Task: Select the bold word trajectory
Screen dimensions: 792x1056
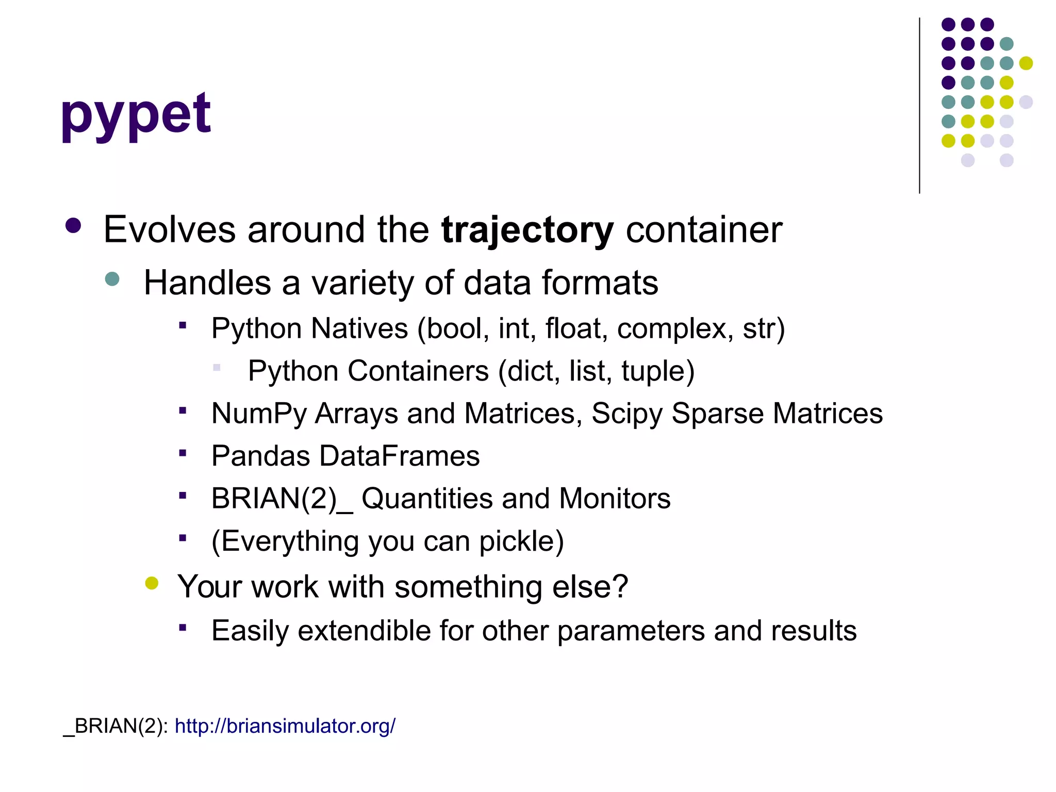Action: pyautogui.click(x=527, y=230)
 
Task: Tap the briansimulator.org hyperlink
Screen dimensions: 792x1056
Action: pyautogui.click(x=285, y=726)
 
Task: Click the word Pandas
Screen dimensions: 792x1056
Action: pyautogui.click(x=261, y=456)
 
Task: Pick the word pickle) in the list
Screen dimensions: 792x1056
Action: pyautogui.click(x=521, y=541)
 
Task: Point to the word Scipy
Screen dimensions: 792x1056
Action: pyautogui.click(x=626, y=414)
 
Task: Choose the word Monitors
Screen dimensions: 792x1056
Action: pyautogui.click(x=615, y=499)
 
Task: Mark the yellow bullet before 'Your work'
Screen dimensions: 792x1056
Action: pyautogui.click(x=152, y=583)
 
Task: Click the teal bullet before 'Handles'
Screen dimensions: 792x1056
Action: pyautogui.click(x=112, y=279)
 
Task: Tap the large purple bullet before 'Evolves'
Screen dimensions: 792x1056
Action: pyautogui.click(x=73, y=226)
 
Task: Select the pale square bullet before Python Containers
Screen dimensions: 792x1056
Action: pyautogui.click(x=217, y=368)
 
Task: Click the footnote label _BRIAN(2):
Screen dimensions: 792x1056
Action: pyautogui.click(x=115, y=726)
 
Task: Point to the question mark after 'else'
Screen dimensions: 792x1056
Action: pyautogui.click(x=621, y=587)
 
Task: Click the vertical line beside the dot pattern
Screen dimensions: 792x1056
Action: pyautogui.click(x=919, y=106)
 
